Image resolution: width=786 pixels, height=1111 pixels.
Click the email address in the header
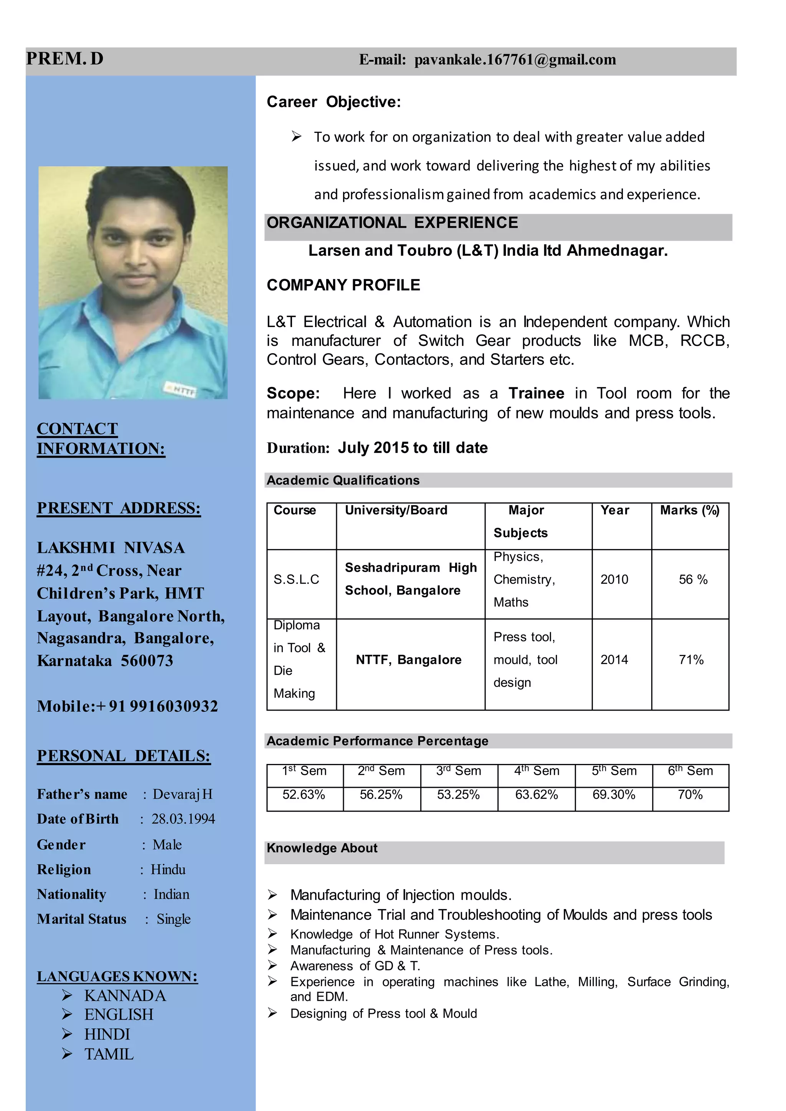click(x=515, y=60)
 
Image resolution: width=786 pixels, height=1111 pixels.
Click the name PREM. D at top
click(x=64, y=59)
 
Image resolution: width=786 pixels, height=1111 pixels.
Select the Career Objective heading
click(x=334, y=102)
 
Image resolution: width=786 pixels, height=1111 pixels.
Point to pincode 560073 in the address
click(x=147, y=661)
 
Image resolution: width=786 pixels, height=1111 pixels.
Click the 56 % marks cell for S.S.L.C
click(x=693, y=579)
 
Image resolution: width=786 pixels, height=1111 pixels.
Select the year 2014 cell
click(x=614, y=660)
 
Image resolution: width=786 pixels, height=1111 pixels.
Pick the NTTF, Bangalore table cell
click(x=408, y=660)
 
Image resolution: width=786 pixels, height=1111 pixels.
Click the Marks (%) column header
click(x=689, y=510)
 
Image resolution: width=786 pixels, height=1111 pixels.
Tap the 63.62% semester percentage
click(x=536, y=794)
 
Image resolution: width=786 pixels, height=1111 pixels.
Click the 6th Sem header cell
click(x=690, y=771)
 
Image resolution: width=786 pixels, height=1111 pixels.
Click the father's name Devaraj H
click(x=182, y=794)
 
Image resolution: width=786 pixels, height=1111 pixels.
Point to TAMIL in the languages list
click(x=109, y=1054)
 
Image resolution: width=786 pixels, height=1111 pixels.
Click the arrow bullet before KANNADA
click(x=67, y=995)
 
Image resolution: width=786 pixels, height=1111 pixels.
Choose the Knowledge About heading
click(x=322, y=848)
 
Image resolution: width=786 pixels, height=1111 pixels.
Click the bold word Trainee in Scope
click(x=536, y=393)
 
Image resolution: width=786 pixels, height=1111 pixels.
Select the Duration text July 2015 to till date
click(x=412, y=448)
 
